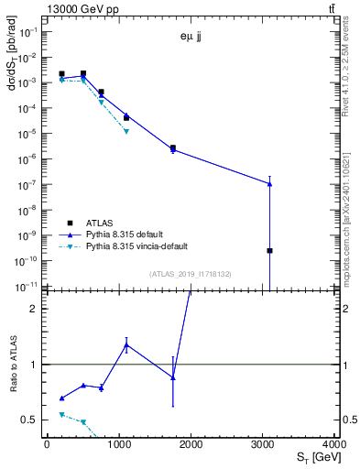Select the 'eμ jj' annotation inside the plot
(191, 38)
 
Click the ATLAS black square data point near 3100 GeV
(269, 250)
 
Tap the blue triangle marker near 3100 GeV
(269, 183)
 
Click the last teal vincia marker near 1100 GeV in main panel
(126, 131)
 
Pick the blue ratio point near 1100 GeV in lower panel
(126, 344)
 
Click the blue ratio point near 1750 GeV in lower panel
(173, 377)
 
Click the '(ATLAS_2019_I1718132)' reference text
(191, 274)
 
